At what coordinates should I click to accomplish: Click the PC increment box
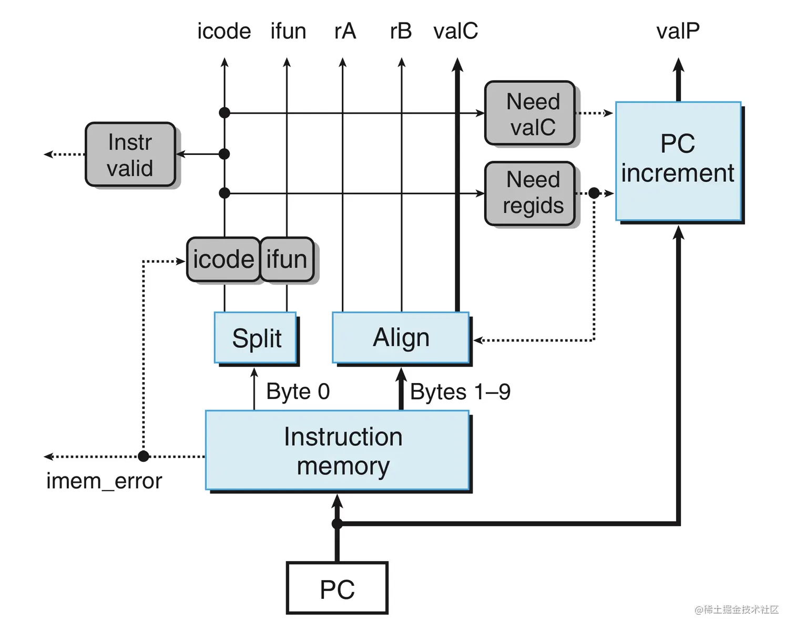[x=678, y=161]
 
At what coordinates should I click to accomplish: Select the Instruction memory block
[x=337, y=450]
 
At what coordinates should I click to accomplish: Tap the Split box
[x=256, y=337]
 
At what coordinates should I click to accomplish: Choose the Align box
[x=401, y=337]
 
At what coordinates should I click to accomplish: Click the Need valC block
[x=529, y=113]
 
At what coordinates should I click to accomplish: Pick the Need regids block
[x=529, y=193]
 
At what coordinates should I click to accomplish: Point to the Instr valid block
[x=130, y=154]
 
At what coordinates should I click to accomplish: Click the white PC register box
[x=337, y=588]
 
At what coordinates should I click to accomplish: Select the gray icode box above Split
[x=223, y=260]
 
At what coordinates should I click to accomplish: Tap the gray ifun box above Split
[x=287, y=260]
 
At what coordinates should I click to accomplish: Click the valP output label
[x=678, y=32]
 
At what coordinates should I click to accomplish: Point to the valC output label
[x=455, y=32]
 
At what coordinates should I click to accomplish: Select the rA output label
[x=345, y=32]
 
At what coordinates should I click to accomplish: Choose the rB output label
[x=401, y=32]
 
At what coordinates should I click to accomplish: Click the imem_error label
[x=104, y=481]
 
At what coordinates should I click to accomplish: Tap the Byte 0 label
[x=298, y=391]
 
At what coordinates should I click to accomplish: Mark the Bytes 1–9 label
[x=460, y=392]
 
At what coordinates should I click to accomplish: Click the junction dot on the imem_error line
[x=144, y=456]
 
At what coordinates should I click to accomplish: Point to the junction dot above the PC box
[x=337, y=523]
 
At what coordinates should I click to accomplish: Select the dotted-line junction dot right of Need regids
[x=594, y=193]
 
